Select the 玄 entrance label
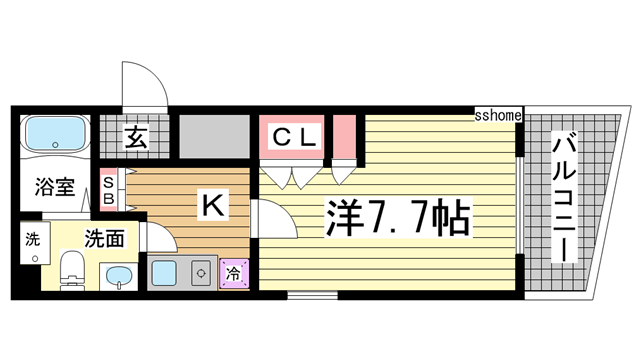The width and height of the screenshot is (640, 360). click(x=136, y=139)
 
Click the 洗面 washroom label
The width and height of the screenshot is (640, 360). click(x=103, y=239)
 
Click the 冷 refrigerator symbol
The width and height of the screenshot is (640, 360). click(x=233, y=271)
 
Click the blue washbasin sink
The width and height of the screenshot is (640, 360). click(x=118, y=277)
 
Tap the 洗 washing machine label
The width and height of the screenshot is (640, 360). click(x=32, y=240)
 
